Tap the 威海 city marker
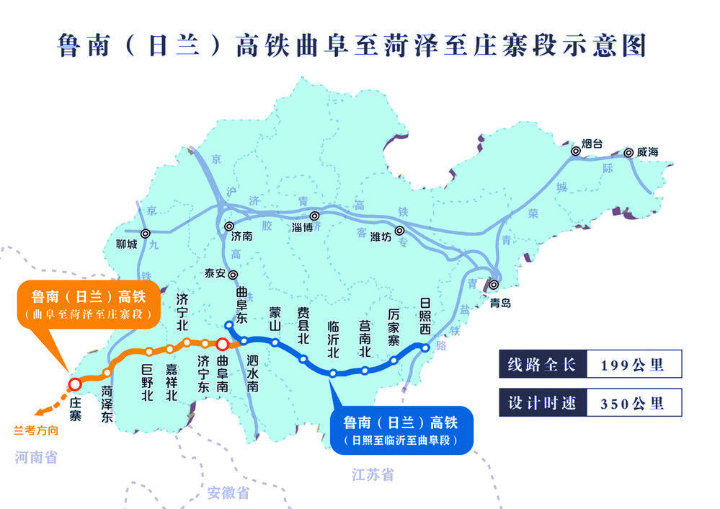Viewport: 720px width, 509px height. (629, 152)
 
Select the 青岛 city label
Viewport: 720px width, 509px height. (499, 303)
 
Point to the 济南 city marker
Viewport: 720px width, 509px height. (229, 226)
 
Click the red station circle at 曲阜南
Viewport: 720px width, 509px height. (223, 345)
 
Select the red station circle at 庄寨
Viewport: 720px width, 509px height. (74, 384)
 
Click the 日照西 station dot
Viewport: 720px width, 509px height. (425, 348)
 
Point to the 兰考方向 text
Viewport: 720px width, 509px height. (35, 432)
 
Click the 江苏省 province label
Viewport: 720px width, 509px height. (373, 474)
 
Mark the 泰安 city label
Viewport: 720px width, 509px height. (215, 274)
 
